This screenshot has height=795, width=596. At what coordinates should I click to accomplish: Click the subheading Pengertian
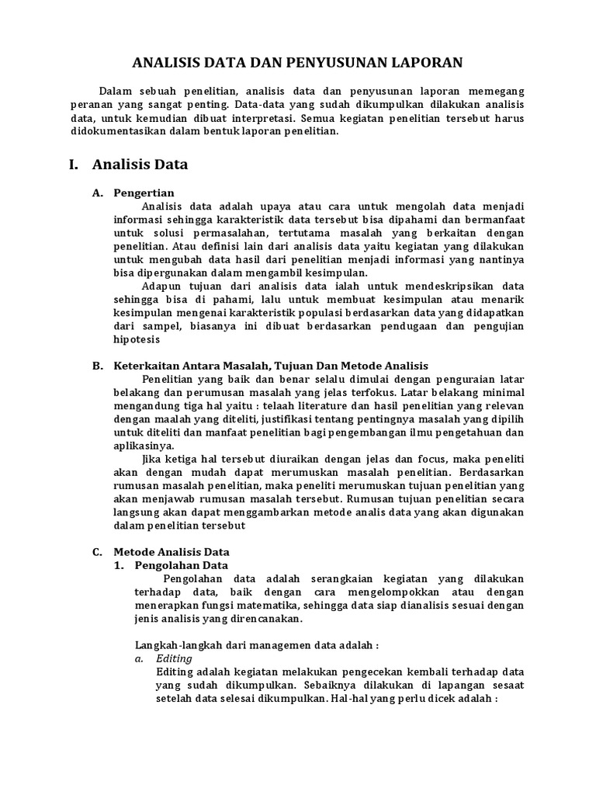[144, 193]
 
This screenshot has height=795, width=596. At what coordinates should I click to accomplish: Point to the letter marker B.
[97, 366]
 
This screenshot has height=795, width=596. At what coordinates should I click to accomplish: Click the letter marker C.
[97, 552]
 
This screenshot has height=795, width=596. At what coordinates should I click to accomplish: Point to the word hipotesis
[137, 339]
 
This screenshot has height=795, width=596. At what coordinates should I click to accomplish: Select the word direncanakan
[261, 619]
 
